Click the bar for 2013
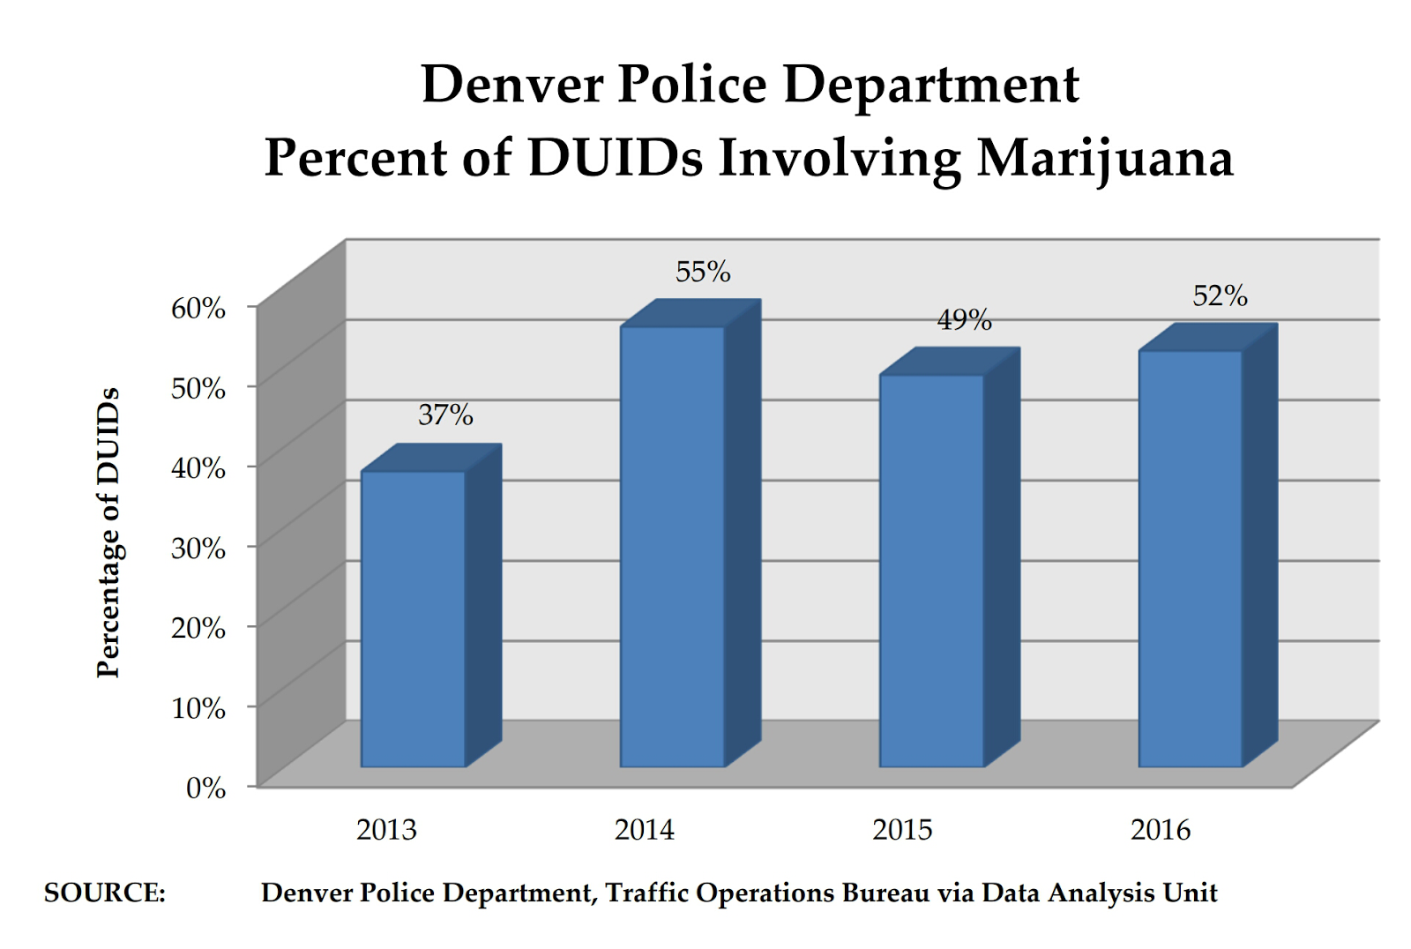pos(413,617)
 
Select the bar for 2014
pos(672,547)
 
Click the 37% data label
pos(445,415)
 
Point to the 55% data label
pos(703,272)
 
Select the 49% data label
pos(964,319)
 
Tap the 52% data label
pos(1220,295)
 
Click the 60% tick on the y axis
pos(198,308)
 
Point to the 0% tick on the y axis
pos(205,788)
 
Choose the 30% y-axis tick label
pos(198,548)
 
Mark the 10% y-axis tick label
pos(198,707)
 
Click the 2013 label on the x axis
pos(386,830)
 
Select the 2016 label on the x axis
pos(1161,830)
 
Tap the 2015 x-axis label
pos(902,830)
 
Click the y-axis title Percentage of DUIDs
pos(108,533)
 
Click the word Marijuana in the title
pos(1105,159)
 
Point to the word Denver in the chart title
pos(513,85)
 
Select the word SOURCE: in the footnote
pos(105,893)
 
